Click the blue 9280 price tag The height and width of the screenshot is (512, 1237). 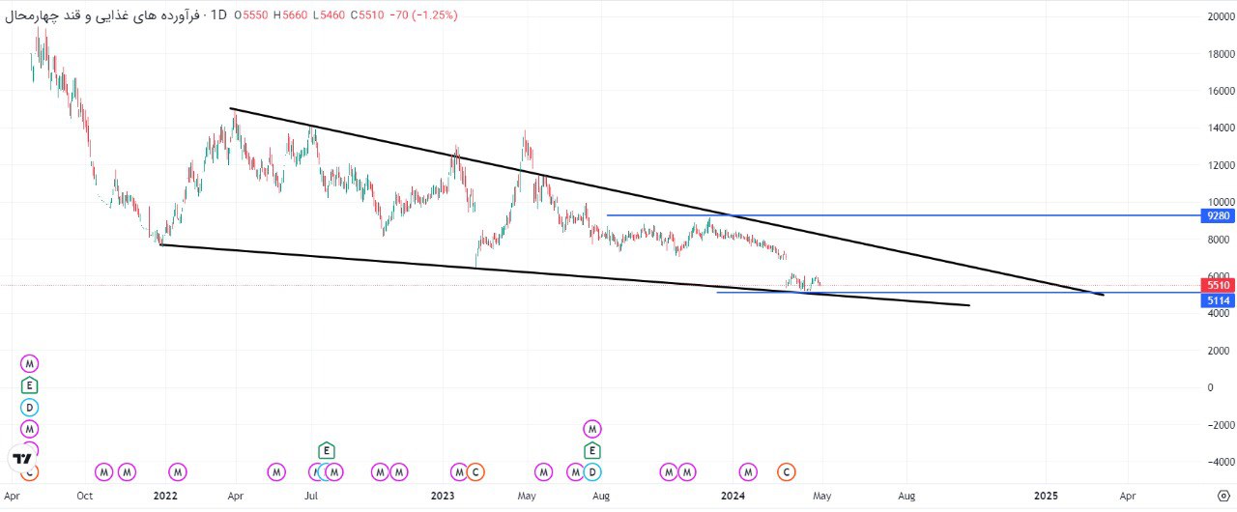[1218, 215]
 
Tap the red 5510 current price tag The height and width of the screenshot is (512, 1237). [1218, 285]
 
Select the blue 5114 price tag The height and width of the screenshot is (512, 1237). [1218, 300]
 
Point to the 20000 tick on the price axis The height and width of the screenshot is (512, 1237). [1221, 17]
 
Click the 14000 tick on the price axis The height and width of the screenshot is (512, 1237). [1221, 128]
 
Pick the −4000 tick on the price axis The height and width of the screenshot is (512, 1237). [1218, 462]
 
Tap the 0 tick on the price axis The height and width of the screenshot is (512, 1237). [1211, 387]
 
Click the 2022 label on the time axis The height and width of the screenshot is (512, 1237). [165, 496]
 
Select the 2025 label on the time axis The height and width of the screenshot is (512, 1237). [1046, 496]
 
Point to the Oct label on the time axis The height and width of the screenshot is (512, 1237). [84, 496]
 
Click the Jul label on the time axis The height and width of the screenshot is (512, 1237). [311, 496]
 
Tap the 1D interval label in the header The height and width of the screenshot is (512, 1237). [218, 14]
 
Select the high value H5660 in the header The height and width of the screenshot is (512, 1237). [290, 14]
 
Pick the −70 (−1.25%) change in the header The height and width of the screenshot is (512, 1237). [423, 14]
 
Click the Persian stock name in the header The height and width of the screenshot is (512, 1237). [102, 14]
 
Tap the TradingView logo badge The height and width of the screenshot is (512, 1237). [22, 459]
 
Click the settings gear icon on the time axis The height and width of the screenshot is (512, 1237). [1223, 496]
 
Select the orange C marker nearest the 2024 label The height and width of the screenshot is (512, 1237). [787, 472]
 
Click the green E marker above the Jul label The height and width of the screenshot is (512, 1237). [327, 451]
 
